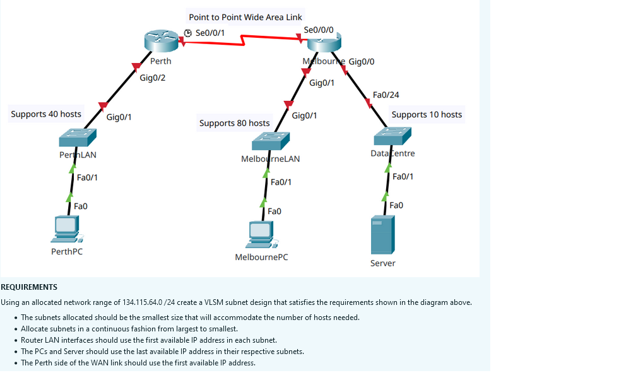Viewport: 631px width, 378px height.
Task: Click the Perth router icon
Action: pos(162,41)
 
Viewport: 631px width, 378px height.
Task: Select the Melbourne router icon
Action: pos(324,43)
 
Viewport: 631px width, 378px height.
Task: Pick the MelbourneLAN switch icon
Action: pos(270,141)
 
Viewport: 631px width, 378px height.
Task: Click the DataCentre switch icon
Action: pos(392,136)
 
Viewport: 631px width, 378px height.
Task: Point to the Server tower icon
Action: pos(383,234)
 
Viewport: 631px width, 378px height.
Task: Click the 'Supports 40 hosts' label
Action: pos(46,114)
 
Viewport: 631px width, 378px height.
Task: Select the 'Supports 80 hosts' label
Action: pos(235,123)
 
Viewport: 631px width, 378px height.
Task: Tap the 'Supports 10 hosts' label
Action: pos(427,115)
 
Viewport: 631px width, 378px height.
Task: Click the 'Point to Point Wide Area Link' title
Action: pos(245,17)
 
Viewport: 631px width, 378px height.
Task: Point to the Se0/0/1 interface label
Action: pos(210,32)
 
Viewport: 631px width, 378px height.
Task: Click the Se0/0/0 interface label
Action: pos(319,30)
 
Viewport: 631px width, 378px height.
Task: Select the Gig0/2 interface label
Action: pos(153,77)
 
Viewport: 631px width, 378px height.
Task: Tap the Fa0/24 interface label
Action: pos(386,94)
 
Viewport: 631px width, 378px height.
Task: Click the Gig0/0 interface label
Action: pos(362,61)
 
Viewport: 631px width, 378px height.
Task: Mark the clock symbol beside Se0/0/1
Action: pos(187,32)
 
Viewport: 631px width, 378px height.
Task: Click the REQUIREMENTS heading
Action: pos(29,287)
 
